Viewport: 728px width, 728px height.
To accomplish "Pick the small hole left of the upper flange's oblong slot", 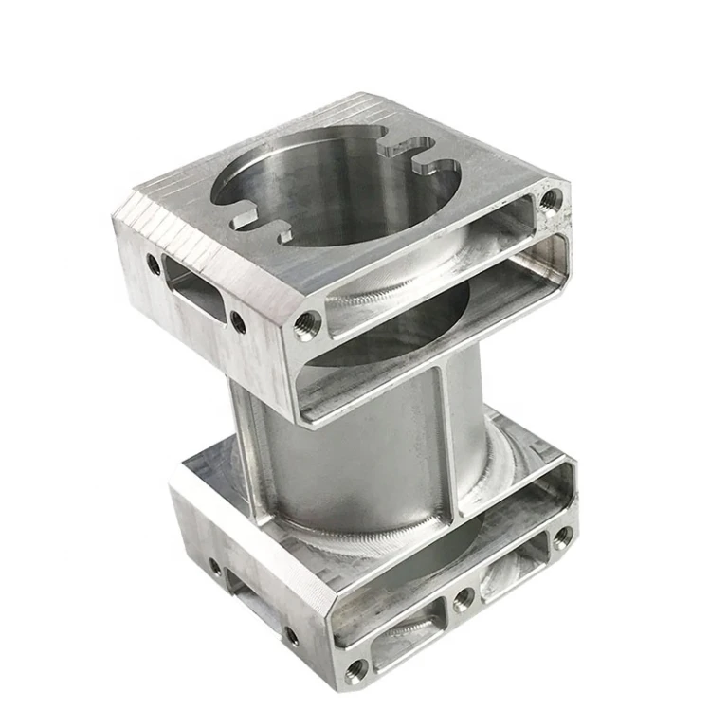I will [x=153, y=265].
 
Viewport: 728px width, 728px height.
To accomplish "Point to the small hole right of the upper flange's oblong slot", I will [x=238, y=323].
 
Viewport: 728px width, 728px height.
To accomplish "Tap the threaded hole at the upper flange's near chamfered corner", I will [x=306, y=326].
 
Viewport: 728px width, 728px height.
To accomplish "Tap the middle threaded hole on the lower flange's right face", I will [x=464, y=596].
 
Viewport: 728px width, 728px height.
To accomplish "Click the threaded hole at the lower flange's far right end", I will [x=562, y=537].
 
